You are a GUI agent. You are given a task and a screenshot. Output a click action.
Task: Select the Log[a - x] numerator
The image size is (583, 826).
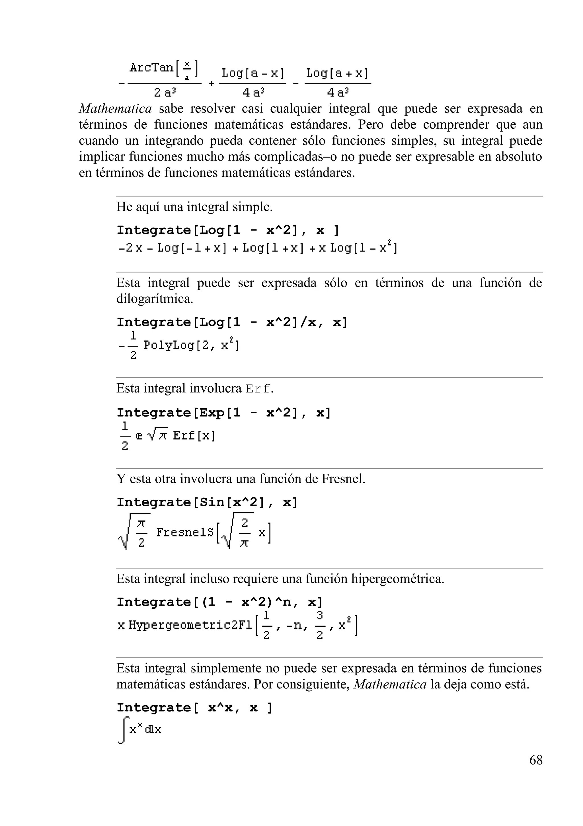pos(253,73)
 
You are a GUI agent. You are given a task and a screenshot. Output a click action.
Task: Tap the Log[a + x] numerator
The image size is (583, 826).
pos(337,73)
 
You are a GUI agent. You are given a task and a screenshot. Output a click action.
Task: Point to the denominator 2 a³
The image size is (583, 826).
pos(165,93)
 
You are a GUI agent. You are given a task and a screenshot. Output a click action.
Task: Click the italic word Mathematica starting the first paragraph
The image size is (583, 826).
pos(115,109)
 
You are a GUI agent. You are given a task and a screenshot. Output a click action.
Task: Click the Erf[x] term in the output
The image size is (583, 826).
pos(194,436)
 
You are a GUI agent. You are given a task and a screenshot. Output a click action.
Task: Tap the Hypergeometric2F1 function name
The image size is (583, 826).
pos(190,625)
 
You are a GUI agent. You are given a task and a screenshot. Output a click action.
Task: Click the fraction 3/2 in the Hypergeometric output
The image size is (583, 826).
pos(320,625)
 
